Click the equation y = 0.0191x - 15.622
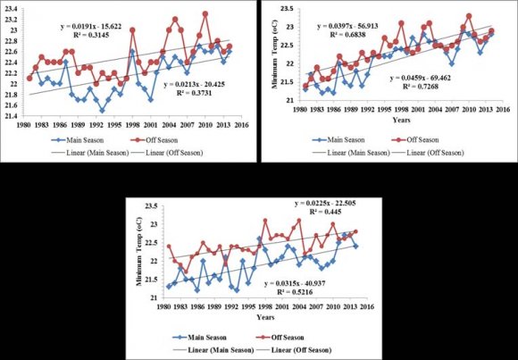tap(100, 27)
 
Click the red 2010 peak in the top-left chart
tap(205, 13)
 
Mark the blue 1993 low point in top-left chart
tap(102, 111)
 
